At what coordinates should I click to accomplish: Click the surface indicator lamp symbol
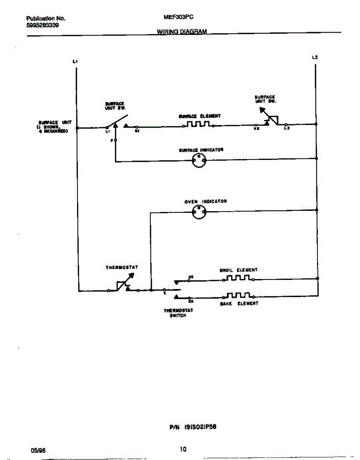click(199, 161)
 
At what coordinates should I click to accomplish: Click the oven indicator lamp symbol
click(199, 212)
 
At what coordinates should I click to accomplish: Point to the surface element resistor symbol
click(198, 124)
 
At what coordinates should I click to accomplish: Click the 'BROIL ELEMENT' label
click(238, 270)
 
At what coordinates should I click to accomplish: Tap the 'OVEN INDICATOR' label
click(205, 201)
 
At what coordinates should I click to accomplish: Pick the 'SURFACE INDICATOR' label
click(201, 150)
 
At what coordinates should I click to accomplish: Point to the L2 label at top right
click(315, 58)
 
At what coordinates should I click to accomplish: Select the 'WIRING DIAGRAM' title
click(182, 32)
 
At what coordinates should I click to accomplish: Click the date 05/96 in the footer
click(36, 450)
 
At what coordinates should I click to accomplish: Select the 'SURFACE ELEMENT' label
click(199, 116)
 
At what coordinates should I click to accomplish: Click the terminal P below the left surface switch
click(115, 141)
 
